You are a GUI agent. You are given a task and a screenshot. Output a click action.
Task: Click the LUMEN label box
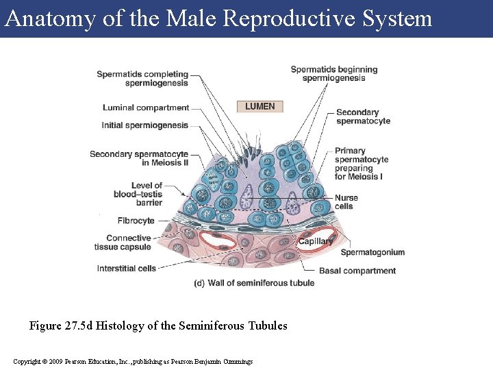coord(260,106)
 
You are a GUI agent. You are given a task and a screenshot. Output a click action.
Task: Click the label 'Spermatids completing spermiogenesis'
coord(142,79)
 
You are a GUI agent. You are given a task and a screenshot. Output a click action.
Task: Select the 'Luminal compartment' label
coord(146,108)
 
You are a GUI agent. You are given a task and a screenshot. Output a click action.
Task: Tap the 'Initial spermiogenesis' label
coord(144,125)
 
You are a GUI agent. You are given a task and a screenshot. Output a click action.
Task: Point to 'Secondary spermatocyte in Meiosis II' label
coord(139,158)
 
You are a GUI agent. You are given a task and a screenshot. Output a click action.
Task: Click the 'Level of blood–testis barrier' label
coord(138,194)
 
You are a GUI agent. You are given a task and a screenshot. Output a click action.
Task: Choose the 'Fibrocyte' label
coord(136,221)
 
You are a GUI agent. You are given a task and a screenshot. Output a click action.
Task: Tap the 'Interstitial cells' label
coord(127,269)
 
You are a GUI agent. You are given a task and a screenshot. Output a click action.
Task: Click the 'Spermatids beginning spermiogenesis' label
coord(334,73)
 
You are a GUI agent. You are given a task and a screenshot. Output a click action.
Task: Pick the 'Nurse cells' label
coord(346,202)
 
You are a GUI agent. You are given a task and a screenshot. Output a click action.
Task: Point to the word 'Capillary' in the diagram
coord(316,241)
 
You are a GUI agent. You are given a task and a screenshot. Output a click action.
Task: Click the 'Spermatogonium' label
coord(372,252)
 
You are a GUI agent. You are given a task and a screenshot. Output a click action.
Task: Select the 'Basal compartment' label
coord(357,271)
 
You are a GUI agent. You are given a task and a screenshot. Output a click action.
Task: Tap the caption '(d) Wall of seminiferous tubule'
coord(254,283)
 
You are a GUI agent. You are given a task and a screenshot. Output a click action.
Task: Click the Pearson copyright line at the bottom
coord(133,361)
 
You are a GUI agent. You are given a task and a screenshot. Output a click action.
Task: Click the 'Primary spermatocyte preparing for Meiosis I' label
coord(362,164)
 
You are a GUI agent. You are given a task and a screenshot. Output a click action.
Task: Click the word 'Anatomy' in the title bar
coord(50,18)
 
